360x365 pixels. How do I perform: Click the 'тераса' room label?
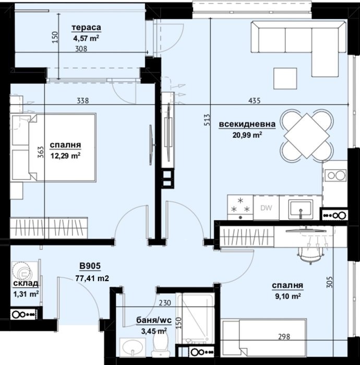86,28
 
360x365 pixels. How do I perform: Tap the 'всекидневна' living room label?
247,124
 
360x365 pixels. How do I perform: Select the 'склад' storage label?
26,283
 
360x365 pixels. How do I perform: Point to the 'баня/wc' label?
154,320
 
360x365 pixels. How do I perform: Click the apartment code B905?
90,265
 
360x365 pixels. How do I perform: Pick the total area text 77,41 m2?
92,278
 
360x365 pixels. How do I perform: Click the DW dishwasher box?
266,208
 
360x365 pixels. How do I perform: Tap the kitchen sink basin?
300,209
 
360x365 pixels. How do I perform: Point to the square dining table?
306,136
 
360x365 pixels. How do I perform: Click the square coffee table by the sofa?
285,78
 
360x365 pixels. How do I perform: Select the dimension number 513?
207,119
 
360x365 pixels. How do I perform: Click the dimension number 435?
255,101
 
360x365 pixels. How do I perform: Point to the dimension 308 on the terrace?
81,48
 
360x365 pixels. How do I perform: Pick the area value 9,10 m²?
288,296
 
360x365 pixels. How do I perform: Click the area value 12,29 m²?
65,155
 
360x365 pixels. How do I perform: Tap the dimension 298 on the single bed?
284,337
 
